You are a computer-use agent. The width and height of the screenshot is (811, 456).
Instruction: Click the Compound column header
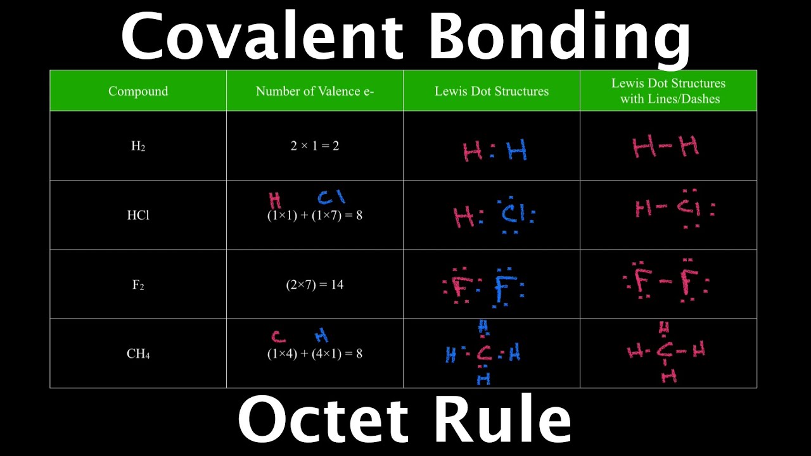[138, 91]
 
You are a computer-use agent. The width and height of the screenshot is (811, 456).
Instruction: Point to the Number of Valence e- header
[315, 91]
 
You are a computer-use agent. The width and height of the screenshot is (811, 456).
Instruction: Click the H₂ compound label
[138, 146]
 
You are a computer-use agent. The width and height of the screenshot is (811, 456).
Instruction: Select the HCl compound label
[138, 215]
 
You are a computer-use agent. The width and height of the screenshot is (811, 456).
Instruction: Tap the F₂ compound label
[138, 284]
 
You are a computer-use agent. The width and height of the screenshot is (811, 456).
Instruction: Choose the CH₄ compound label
[138, 353]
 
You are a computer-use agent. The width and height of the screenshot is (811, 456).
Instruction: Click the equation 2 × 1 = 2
[315, 146]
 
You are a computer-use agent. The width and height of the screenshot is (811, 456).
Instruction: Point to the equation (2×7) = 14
[315, 284]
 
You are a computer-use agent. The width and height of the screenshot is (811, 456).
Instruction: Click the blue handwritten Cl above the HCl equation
[331, 198]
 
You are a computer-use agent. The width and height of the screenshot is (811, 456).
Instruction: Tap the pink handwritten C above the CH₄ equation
[278, 336]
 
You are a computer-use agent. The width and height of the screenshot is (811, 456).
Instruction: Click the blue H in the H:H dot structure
[516, 151]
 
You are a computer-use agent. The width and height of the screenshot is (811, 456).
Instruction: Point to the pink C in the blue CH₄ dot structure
[483, 353]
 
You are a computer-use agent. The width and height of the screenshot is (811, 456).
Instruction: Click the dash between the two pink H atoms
[665, 147]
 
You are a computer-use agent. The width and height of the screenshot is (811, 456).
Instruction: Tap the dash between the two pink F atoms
[665, 282]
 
